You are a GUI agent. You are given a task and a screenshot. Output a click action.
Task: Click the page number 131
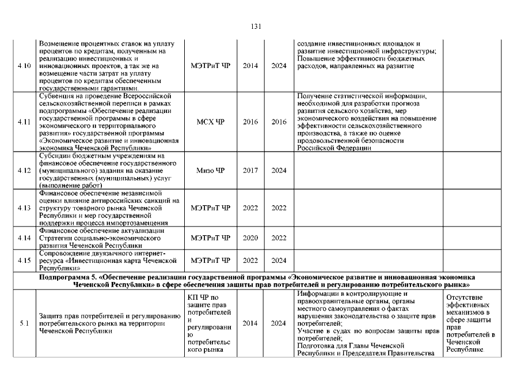[257, 26]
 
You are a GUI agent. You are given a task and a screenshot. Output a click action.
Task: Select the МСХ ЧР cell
[210, 122]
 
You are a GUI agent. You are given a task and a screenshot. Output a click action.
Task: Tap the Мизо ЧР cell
[210, 170]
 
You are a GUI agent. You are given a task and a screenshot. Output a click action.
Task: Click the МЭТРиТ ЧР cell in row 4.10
[210, 66]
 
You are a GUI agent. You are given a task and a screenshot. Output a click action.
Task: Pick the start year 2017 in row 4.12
[250, 170]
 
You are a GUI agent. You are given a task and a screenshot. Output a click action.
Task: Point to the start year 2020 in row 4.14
[250, 238]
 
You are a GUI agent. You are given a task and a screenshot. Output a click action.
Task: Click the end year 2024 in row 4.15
[279, 260]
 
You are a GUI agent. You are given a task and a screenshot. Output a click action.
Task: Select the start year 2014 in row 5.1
[250, 323]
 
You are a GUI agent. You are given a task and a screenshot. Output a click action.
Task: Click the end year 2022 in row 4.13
[279, 208]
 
